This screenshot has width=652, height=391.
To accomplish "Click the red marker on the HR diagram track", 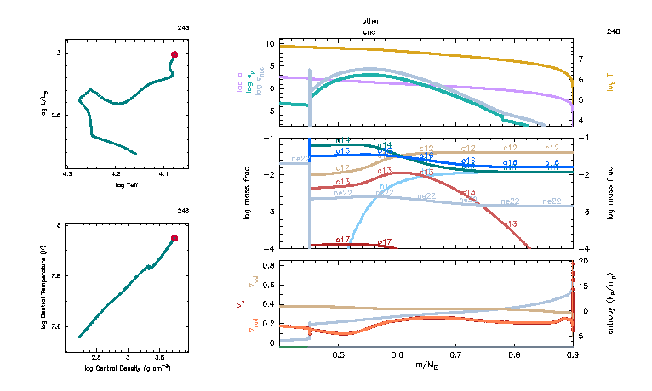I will [x=174, y=54].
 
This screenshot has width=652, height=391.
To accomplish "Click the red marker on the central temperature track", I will [x=174, y=238].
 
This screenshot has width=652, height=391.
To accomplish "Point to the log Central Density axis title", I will [x=128, y=368].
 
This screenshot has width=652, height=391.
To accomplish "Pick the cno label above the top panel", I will [x=369, y=31].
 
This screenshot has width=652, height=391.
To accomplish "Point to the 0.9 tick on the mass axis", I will [x=572, y=354].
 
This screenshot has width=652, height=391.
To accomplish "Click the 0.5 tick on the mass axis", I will [x=339, y=354].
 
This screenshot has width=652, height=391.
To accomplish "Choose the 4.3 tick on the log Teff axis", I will [x=68, y=173].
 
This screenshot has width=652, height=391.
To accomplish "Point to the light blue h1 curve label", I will [x=386, y=187].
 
